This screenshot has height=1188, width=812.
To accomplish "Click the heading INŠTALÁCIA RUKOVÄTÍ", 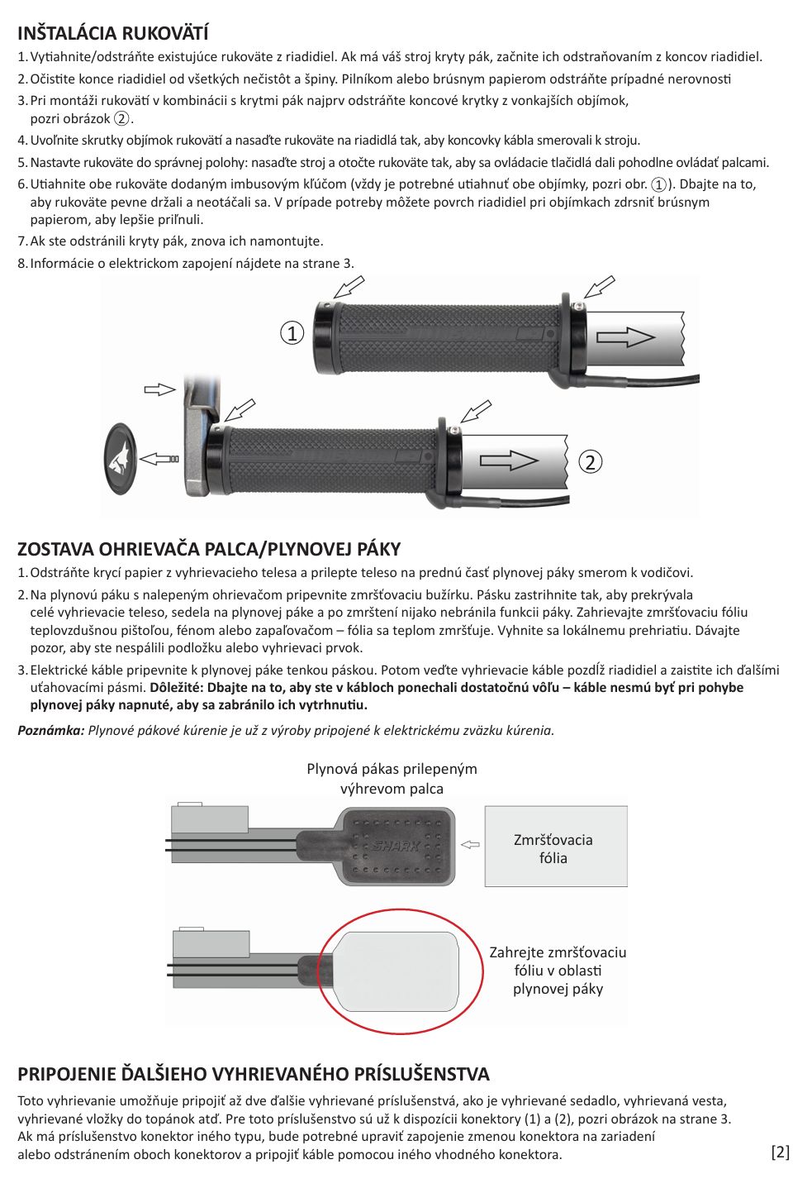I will [x=112, y=33].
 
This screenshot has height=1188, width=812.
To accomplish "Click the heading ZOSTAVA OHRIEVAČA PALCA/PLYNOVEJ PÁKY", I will [x=209, y=549].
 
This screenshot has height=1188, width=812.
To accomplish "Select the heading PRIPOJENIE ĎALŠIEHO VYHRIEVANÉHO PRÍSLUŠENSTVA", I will [x=254, y=1074].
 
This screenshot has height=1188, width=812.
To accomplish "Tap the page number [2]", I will [x=780, y=1152].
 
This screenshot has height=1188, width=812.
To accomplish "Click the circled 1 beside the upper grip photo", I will [x=292, y=333].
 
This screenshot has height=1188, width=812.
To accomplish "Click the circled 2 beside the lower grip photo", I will [x=589, y=461].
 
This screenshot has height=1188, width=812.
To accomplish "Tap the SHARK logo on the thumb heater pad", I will [x=397, y=846].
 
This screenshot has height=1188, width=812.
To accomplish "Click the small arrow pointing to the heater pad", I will [x=470, y=845].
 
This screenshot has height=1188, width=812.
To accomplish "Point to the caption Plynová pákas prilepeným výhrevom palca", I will [x=392, y=778].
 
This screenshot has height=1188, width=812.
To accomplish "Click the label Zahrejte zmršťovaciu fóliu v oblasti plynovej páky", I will [x=558, y=971].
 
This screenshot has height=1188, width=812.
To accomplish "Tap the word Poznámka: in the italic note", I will [x=51, y=730].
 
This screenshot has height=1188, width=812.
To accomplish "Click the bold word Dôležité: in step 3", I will [x=176, y=687].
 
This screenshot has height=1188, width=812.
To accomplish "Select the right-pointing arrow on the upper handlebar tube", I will [x=625, y=337].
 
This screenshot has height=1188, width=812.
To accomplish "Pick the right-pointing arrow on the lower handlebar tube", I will [x=509, y=460].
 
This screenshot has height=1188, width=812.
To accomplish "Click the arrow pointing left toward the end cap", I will [x=159, y=457].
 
